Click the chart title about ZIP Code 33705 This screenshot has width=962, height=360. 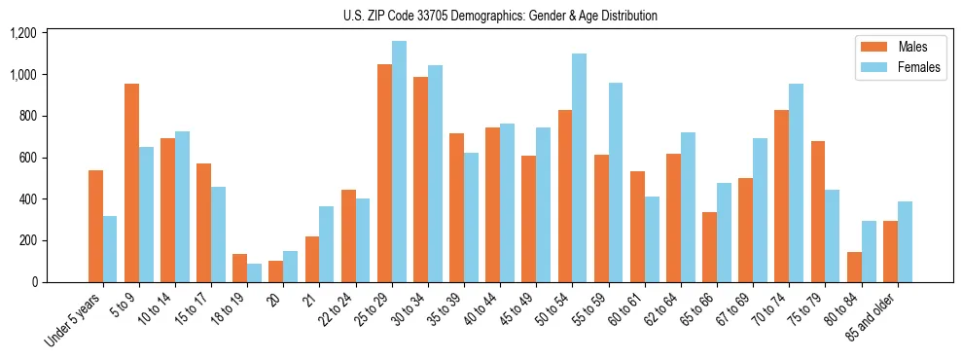500,16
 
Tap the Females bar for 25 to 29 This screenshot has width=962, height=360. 399,162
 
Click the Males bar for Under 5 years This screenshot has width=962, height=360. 95,227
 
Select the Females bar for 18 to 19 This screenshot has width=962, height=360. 255,273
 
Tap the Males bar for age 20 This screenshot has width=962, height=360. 276,271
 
